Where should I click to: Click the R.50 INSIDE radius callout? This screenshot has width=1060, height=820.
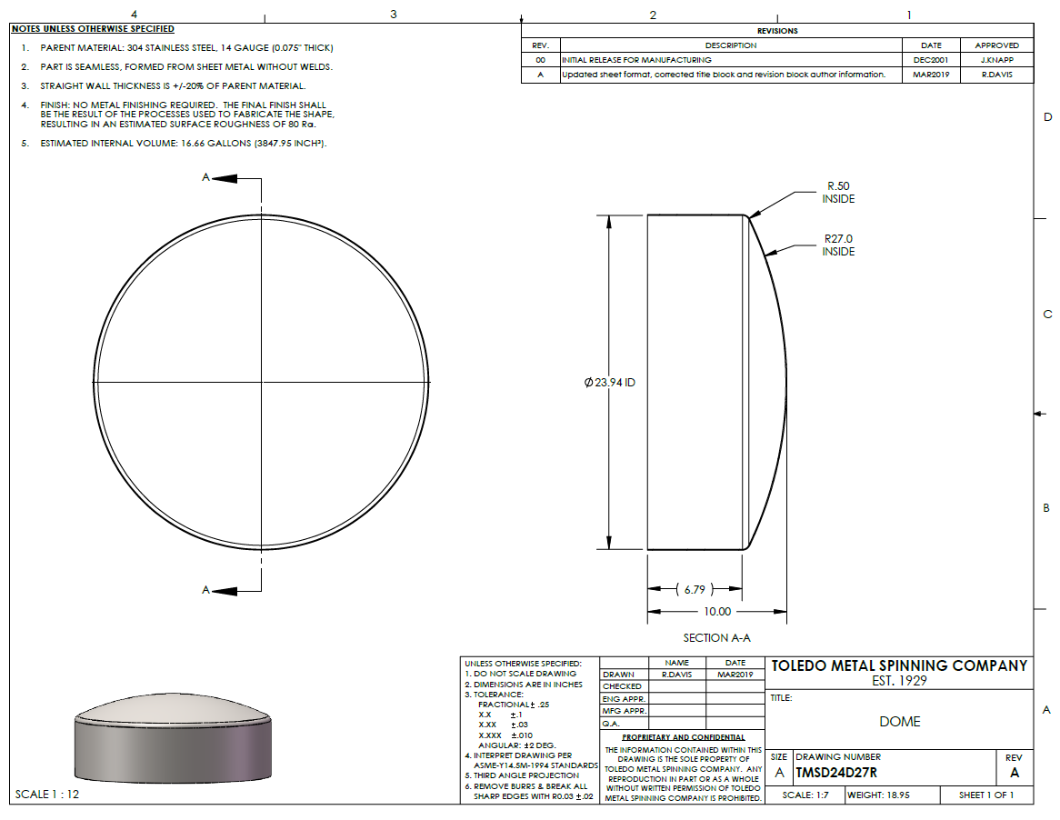[838, 193]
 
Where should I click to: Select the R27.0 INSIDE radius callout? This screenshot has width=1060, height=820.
[838, 245]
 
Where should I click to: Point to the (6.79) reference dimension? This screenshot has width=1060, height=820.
[695, 589]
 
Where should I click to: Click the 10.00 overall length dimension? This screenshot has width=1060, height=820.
[716, 612]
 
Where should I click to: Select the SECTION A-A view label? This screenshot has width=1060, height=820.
[716, 638]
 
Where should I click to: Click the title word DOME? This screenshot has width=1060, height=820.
[899, 722]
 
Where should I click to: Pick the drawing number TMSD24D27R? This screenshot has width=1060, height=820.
[836, 774]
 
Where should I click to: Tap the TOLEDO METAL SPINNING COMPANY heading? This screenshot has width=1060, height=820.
[899, 666]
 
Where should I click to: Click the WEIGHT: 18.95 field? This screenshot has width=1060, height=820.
[879, 795]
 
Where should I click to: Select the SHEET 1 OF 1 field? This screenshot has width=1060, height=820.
[985, 795]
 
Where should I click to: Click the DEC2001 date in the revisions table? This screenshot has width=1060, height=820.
[931, 60]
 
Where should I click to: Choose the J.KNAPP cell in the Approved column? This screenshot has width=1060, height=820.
[996, 60]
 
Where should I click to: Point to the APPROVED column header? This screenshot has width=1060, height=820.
[996, 45]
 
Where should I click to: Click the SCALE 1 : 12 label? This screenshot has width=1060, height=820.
[47, 795]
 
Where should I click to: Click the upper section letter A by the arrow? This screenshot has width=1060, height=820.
[206, 178]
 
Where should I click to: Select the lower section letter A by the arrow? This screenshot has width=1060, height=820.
[206, 591]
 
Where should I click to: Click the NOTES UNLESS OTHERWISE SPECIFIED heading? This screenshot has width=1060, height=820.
[93, 29]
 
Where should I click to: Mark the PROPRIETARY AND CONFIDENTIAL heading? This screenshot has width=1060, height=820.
[683, 737]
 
